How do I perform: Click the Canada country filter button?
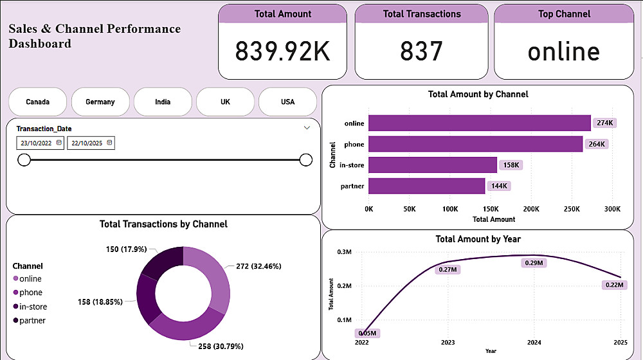37,102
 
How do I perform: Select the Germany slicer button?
100,102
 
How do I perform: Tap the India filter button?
163,102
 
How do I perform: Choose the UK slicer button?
225,102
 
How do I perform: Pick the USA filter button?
287,102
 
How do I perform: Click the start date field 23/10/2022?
40,143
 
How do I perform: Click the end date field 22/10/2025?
90,143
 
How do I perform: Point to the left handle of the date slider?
24,159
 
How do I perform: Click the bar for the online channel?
479,123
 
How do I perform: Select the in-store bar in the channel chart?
432,165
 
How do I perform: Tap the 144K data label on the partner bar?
499,186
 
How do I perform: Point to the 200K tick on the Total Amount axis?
531,209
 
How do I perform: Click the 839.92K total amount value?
282,51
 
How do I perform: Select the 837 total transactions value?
421,51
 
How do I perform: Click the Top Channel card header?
563,14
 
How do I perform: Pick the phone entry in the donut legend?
30,292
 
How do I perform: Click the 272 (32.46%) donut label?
258,265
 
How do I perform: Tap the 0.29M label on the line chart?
534,263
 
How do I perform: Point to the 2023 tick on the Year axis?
448,343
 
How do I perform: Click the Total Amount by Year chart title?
478,239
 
